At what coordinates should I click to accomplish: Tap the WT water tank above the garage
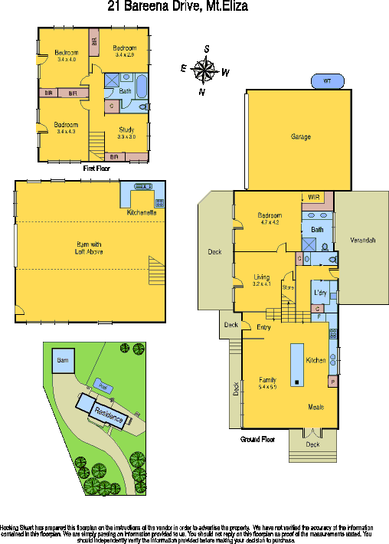[327, 81]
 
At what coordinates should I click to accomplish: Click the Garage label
[300, 136]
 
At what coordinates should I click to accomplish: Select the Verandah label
[363, 240]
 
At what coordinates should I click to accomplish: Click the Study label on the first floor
[126, 129]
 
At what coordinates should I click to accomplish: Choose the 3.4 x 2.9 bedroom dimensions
[124, 55]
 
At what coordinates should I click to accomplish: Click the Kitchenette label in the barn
[142, 212]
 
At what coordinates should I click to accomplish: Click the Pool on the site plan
[100, 384]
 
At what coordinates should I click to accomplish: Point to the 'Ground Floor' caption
[257, 440]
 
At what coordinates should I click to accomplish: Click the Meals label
[317, 407]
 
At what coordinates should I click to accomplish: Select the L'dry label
[321, 293]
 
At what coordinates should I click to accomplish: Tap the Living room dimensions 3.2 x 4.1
[262, 283]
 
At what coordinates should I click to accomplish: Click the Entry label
[263, 327]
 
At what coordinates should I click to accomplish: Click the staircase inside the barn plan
[156, 271]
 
